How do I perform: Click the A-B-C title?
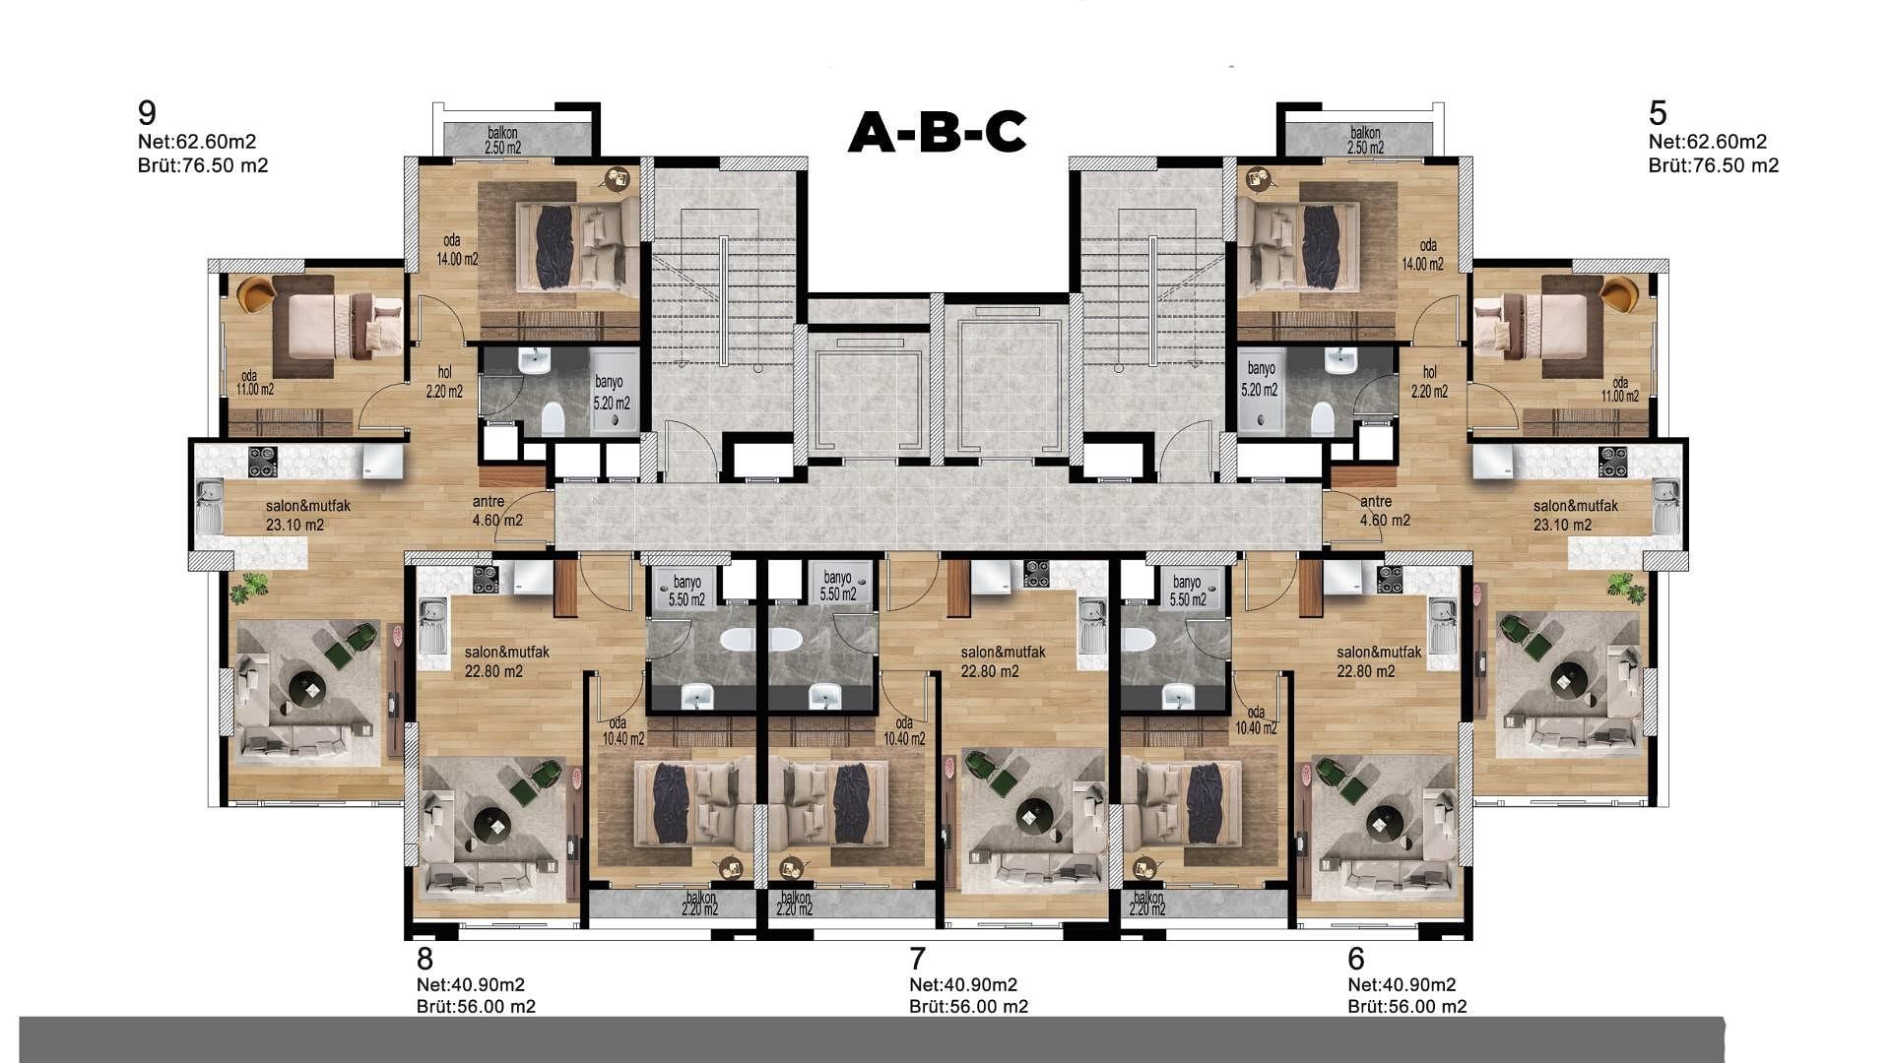pos(937,132)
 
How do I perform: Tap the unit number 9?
pos(148,112)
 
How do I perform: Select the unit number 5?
pos(1658,112)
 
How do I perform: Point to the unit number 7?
pos(918,958)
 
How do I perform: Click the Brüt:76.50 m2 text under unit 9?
pos(203,165)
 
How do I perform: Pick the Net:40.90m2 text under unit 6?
pos(1402,984)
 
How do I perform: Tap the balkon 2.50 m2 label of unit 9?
pos(502,141)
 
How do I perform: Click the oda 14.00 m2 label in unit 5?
pos(1423,255)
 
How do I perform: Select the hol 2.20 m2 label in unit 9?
pos(444,382)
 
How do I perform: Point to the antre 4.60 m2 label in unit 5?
pos(1385,511)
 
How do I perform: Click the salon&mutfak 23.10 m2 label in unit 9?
pos(307,516)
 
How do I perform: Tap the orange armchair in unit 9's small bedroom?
pos(256,293)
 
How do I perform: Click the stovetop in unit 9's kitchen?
pos(262,462)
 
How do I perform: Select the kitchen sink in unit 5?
pos(1665,506)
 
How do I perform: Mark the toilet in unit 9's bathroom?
pos(553,419)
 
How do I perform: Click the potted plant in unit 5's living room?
pos(1626,588)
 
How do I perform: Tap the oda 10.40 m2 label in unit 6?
pos(1256,720)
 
